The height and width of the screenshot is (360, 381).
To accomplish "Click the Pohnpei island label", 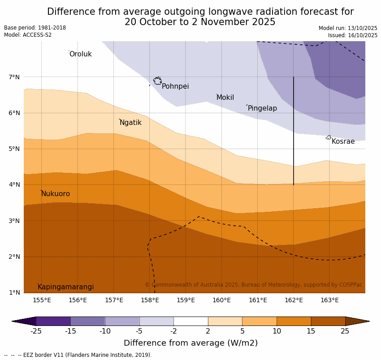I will pos(175,86).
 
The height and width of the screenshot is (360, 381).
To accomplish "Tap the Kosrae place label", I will pos(343,141).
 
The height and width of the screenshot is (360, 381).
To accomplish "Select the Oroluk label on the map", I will pos(80,54).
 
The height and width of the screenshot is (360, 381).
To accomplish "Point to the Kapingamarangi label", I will pos(65,287).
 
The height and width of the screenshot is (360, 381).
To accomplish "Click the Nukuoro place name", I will pos(56,194).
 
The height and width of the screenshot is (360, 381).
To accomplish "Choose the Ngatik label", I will pos(130,123).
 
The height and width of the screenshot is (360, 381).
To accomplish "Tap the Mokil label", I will pos(225,98).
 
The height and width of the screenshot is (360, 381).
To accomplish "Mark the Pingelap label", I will pos(262,108).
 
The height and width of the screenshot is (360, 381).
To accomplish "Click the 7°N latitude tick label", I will pos(14,77).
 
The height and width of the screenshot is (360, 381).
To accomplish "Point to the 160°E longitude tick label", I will pos(221,300).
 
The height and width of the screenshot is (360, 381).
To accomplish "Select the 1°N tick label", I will pos(14,293).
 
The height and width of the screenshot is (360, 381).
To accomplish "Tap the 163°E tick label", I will pos(329,300).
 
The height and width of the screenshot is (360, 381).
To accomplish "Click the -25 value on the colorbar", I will pos(36,331).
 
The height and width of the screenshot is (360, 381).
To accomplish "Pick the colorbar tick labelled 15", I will pos(311,331).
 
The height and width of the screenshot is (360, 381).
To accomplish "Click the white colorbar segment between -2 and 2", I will pos(190,321).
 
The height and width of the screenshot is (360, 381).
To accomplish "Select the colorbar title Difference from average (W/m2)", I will pos(190,343).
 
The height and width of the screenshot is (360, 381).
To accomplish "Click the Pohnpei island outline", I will pos(157,81).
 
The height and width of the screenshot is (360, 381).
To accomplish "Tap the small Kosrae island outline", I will pos(329,137).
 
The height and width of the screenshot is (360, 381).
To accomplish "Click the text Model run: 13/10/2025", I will pos(348,28).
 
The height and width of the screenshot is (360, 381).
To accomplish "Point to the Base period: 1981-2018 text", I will pos(35,28).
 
